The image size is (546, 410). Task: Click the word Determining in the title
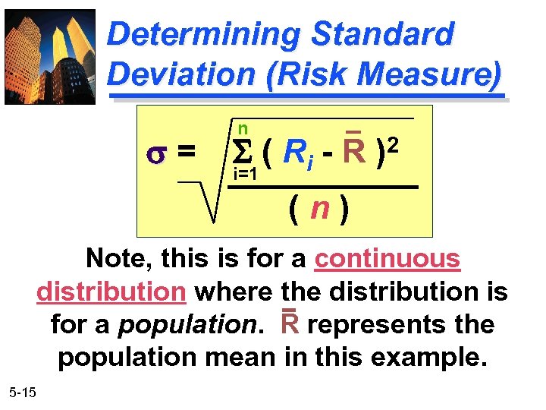(204, 35)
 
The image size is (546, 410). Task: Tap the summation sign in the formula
(240, 153)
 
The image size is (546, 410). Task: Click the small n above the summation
(242, 128)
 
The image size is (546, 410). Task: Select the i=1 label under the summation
(246, 175)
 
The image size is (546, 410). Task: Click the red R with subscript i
(296, 153)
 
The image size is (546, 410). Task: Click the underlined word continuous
(387, 259)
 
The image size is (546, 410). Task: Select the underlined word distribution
(111, 292)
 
